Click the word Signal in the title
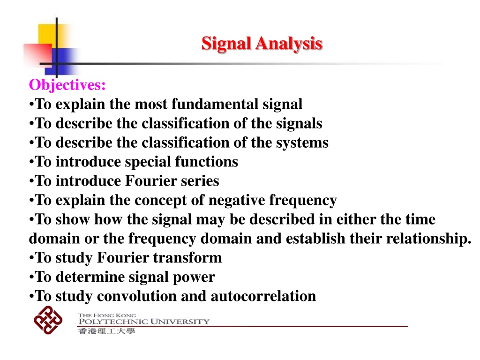click(x=226, y=44)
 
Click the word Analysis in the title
click(x=289, y=44)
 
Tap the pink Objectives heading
click(x=67, y=85)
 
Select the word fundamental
click(x=215, y=104)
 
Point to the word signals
click(x=299, y=124)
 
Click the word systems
click(x=302, y=143)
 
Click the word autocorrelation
click(x=263, y=296)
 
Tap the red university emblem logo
click(x=48, y=320)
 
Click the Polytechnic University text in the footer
click(x=144, y=322)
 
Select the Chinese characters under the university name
click(x=106, y=331)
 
